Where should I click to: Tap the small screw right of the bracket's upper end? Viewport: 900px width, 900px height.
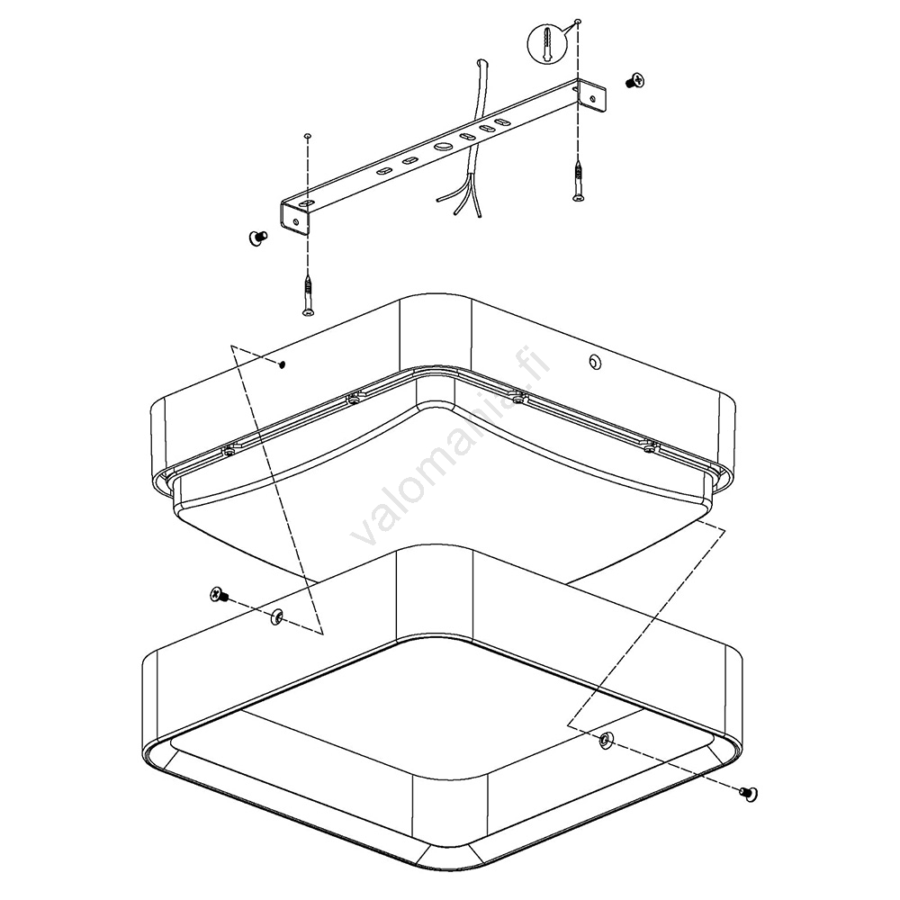tap(634, 81)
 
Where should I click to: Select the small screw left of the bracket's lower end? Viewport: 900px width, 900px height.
tap(258, 238)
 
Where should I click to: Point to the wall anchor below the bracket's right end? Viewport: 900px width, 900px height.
tap(580, 181)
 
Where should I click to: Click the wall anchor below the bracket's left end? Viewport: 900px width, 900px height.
tap(309, 295)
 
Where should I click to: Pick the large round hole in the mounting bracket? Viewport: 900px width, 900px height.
tap(443, 147)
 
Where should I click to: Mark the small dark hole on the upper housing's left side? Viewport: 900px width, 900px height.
tap(282, 364)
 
